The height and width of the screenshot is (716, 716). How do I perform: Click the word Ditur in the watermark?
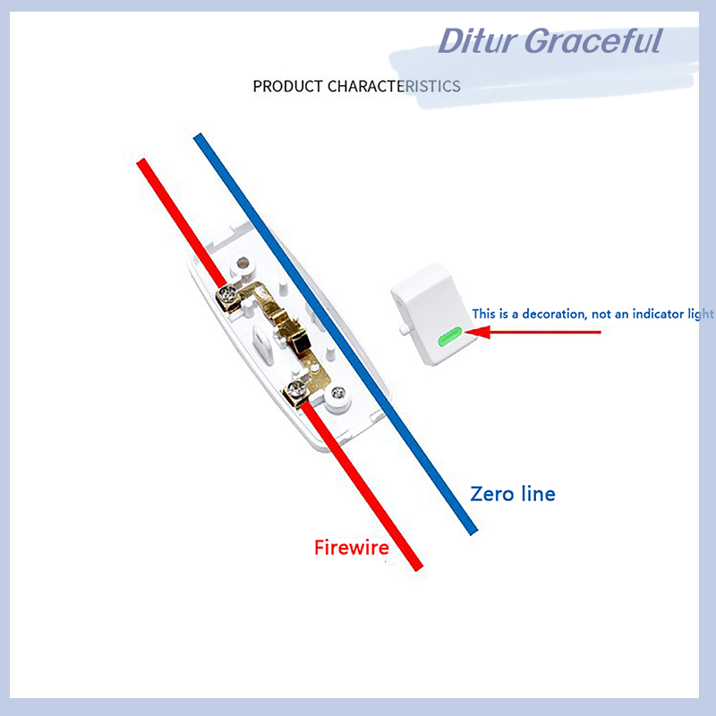coord(477,41)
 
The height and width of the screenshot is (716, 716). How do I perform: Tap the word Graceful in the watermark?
coord(593,41)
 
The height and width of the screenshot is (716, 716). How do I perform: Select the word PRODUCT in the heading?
coord(287,86)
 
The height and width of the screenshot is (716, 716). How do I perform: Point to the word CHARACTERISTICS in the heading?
coord(394,86)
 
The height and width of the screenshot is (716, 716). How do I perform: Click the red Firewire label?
coord(352,548)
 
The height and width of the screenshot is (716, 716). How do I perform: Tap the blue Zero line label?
coord(513,494)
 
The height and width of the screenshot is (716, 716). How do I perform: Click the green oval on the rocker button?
coord(450,337)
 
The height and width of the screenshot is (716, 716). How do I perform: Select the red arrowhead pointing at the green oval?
coord(478,332)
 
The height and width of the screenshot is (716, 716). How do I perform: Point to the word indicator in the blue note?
coord(658,314)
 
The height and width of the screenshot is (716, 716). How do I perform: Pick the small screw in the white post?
coord(338,392)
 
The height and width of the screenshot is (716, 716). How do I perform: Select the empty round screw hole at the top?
coord(243,263)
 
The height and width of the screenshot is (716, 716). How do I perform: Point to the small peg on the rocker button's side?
coord(404,329)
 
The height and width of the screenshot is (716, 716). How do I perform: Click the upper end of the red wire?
coord(141,161)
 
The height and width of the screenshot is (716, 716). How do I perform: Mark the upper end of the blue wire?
coord(198,137)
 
